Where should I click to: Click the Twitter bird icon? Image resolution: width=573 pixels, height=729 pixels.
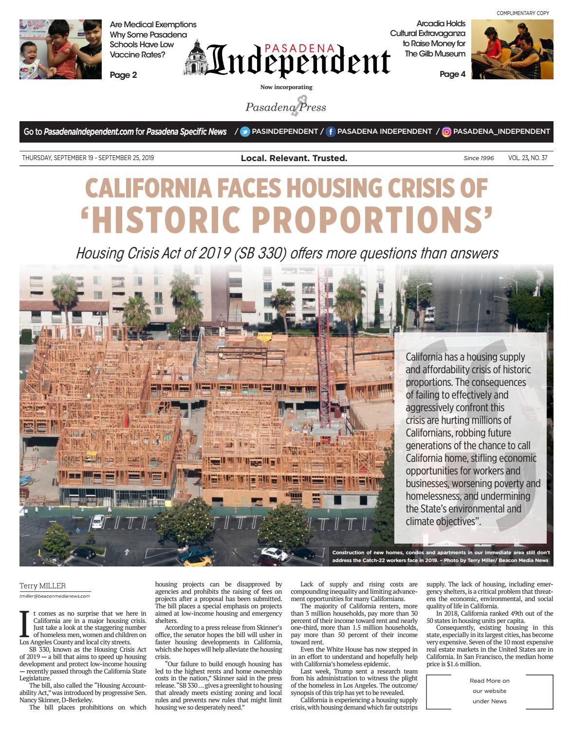point(245,131)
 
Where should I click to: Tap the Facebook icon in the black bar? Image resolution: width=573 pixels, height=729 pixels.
point(331,131)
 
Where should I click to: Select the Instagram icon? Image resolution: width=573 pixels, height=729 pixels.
point(446,131)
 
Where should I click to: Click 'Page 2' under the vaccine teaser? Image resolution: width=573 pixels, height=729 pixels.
point(123,75)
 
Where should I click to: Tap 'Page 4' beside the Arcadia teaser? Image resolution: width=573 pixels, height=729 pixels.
point(452,74)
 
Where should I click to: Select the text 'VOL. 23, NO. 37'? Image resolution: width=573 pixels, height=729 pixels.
point(528,158)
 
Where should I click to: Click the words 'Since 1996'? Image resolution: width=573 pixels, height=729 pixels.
point(479,158)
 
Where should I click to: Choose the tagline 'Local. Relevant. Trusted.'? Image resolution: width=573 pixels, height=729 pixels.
point(294,158)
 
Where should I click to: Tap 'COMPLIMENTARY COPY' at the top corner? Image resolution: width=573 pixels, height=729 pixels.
point(523,13)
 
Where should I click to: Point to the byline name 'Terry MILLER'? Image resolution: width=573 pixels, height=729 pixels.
point(42,586)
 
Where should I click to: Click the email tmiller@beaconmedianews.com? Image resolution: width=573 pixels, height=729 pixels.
point(55,596)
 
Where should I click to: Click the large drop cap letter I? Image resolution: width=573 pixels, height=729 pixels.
point(25,624)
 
